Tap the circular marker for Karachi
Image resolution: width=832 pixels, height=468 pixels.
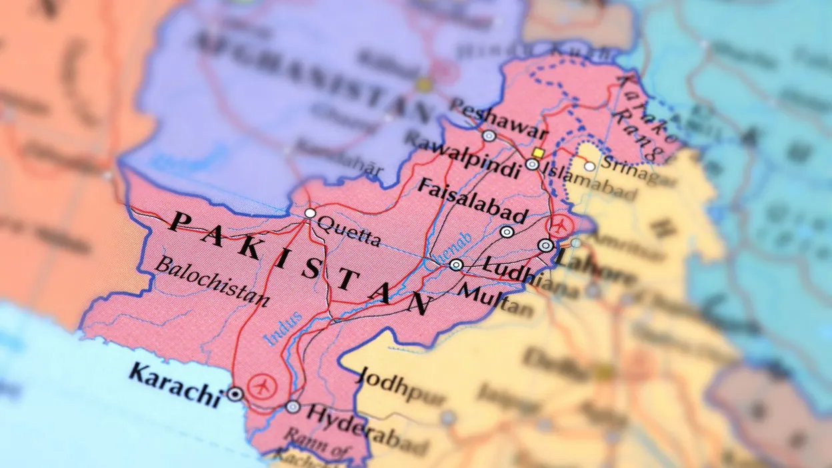coord(235,394)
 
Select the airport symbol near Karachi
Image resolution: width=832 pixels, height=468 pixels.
coord(262,385)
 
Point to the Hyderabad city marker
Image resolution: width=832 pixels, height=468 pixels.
coord(293,407)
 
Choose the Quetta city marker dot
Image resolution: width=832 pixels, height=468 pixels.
coord(310,213)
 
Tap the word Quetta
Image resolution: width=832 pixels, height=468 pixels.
coord(349,230)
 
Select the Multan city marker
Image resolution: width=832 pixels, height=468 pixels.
coord(456,265)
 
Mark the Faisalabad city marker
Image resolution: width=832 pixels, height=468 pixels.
coord(507,232)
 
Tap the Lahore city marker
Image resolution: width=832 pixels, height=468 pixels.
coord(545,245)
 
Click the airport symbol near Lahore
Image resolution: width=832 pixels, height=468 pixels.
coord(560,226)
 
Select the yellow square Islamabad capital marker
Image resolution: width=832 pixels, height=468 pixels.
coord(538,153)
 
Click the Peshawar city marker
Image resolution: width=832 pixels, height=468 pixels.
coord(489,136)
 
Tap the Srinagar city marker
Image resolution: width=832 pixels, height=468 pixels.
coord(590,166)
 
